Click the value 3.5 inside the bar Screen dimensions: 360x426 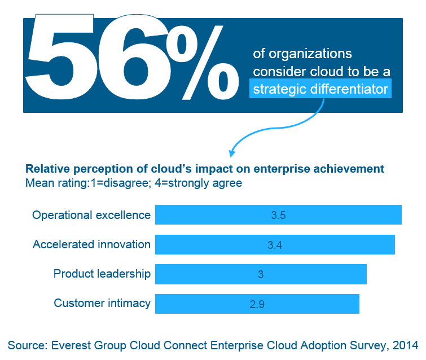[x=279, y=215]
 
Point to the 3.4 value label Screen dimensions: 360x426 [x=275, y=244]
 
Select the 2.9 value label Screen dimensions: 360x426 [x=257, y=304]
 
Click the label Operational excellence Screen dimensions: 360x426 [x=91, y=215]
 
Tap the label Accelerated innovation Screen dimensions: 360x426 [x=91, y=244]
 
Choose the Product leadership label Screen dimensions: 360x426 [x=102, y=274]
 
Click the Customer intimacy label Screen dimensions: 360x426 [x=102, y=303]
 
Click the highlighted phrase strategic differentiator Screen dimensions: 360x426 [x=320, y=89]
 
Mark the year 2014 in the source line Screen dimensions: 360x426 [x=406, y=345]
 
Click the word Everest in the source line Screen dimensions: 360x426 [x=71, y=345]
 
